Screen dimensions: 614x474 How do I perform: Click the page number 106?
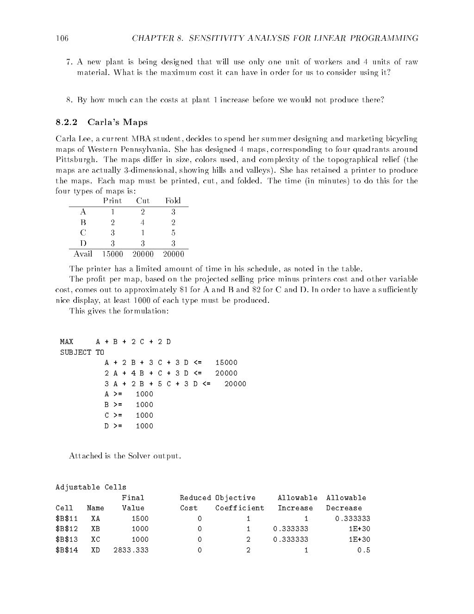[62, 38]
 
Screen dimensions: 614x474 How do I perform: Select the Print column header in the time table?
[112, 201]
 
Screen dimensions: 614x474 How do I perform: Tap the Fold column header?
[173, 201]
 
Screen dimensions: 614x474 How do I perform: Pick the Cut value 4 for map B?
[143, 222]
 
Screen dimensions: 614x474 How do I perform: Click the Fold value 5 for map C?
[173, 233]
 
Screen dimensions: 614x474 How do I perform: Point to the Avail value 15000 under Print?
[112, 254]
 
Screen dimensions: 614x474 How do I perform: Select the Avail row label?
[83, 254]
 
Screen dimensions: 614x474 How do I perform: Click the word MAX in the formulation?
[67, 342]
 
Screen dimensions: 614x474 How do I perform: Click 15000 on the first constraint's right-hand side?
[226, 363]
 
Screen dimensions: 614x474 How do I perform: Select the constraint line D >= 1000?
[129, 426]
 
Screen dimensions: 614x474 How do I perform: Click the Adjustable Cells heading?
[91, 487]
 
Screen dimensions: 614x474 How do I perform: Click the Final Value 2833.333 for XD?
[131, 550]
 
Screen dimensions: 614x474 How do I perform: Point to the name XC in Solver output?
[95, 539]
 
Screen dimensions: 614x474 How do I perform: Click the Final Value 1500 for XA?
[140, 519]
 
